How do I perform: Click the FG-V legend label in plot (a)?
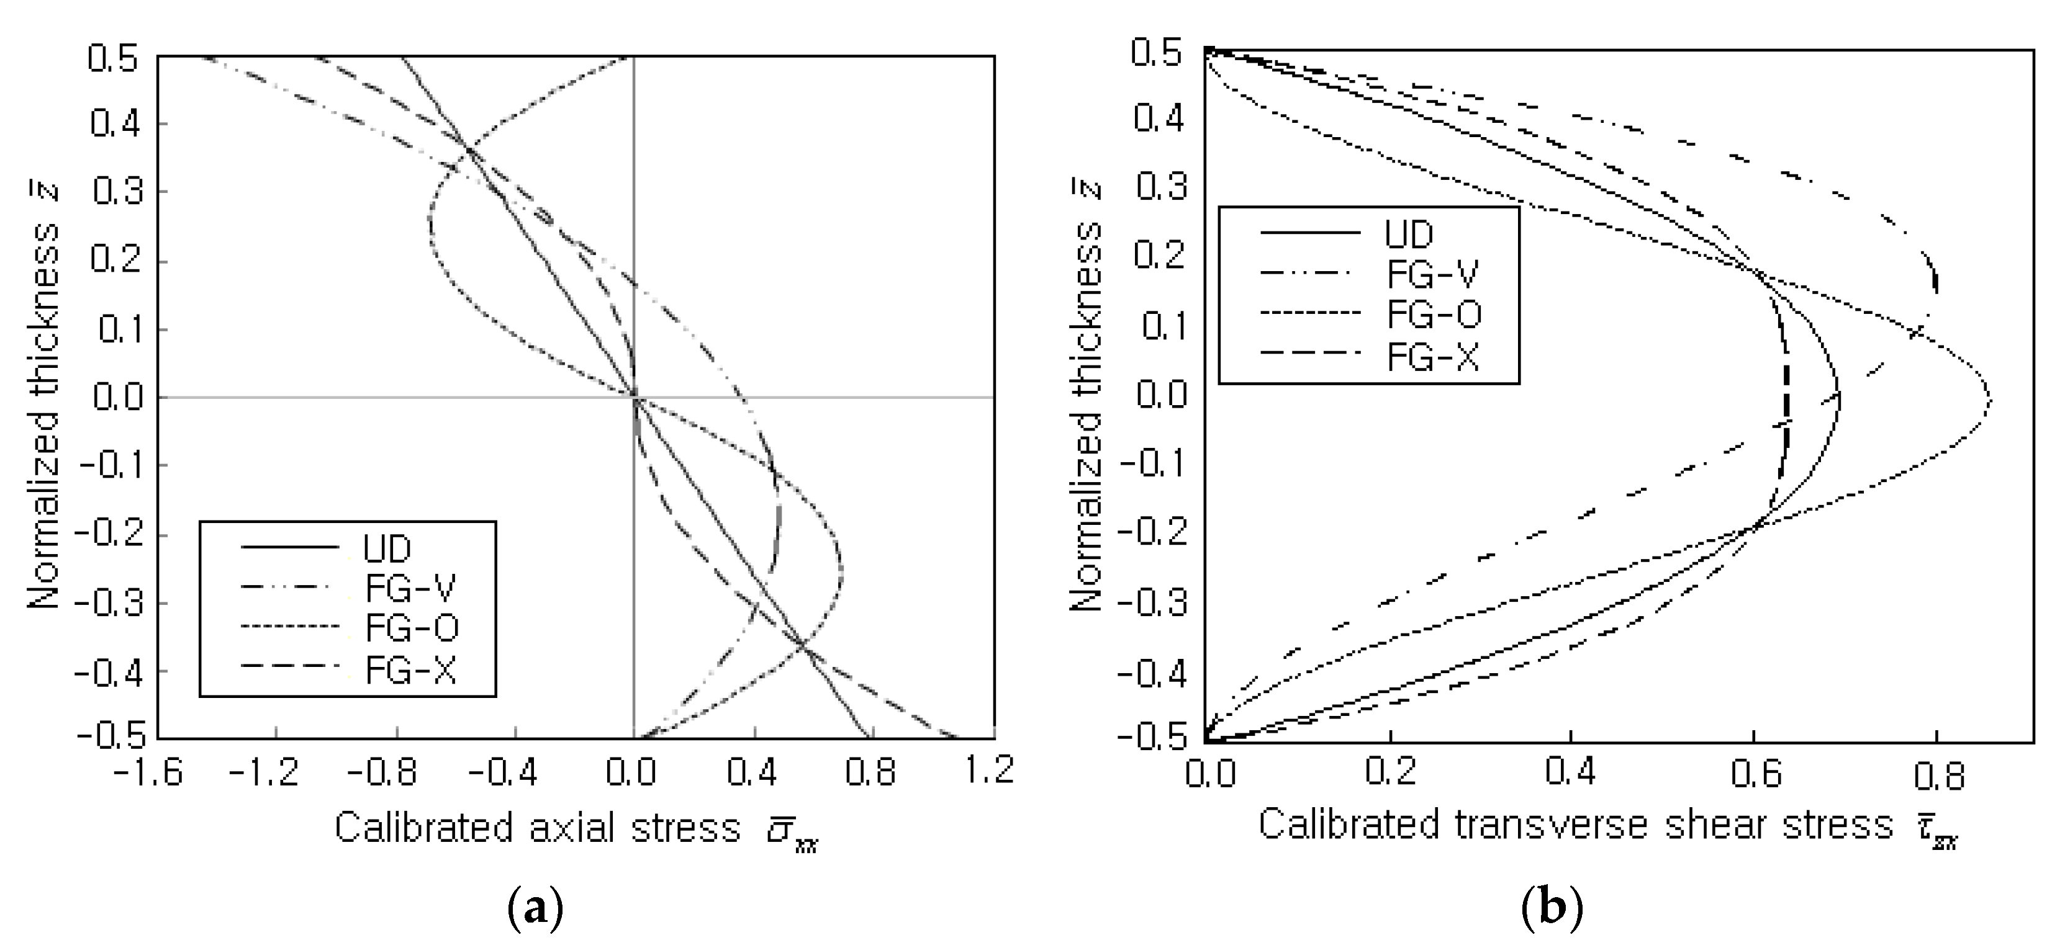coord(410,589)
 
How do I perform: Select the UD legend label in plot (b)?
coord(1409,234)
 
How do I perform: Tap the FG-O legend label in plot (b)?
coord(1434,313)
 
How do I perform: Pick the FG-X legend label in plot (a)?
coord(410,670)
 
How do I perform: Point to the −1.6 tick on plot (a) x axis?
coord(148,771)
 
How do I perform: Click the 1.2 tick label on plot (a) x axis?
coord(995,771)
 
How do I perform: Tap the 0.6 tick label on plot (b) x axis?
coord(1755,774)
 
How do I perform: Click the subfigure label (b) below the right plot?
coord(1552,909)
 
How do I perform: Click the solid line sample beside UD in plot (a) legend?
coord(290,547)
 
